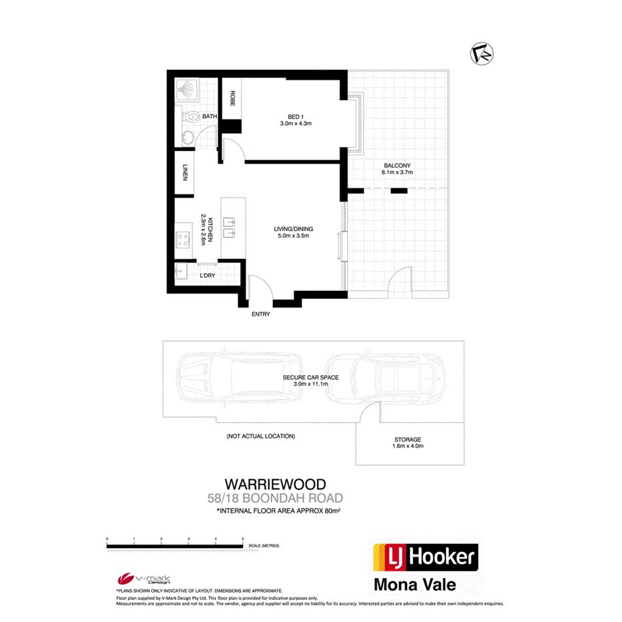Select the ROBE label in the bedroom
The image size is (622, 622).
(x=232, y=99)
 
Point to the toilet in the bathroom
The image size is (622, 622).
(x=191, y=117)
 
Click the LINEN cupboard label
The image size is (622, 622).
(x=184, y=173)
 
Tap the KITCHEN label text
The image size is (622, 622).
(x=210, y=230)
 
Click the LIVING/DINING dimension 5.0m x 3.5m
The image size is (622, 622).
(x=294, y=236)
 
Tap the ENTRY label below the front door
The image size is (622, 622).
(x=260, y=314)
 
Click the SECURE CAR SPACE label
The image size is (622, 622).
(x=310, y=378)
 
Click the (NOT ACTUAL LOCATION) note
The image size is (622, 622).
(x=260, y=436)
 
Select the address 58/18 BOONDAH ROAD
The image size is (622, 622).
(x=275, y=498)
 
